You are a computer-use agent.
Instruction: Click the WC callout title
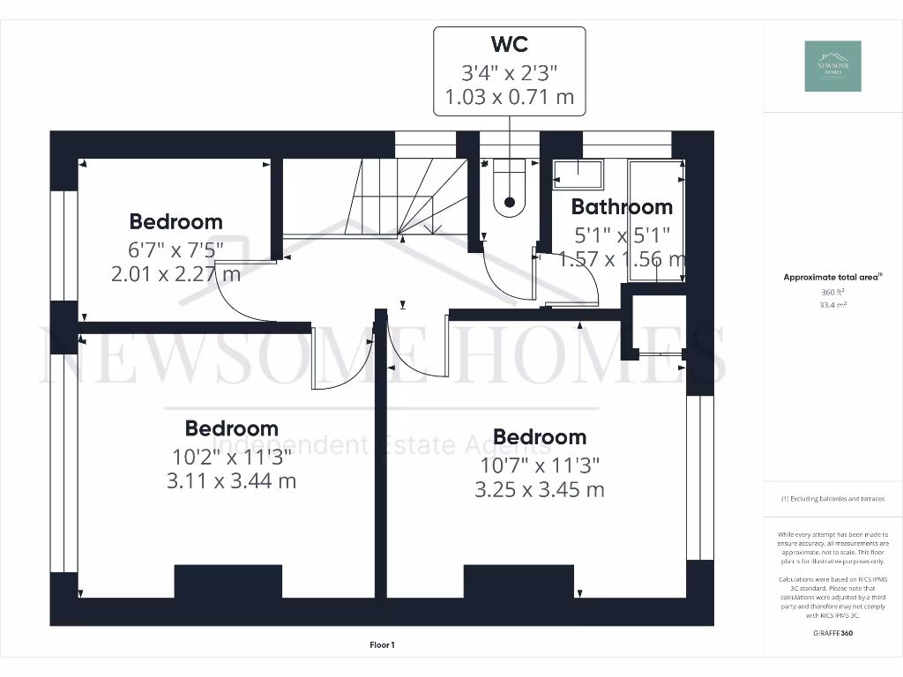coord(509,44)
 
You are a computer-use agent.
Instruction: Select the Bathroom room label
coord(622,207)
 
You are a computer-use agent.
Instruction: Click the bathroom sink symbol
coord(578,173)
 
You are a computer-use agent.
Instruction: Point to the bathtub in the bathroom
coord(656,220)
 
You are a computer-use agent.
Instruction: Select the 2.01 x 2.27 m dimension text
coord(175,274)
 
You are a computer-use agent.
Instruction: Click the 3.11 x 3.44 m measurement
coord(231,481)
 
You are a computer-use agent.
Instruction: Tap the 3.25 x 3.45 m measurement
coord(539,490)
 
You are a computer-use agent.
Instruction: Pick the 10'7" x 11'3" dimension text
coord(539,465)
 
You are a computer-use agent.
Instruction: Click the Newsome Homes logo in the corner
coord(833,66)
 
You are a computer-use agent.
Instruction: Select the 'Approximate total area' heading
coord(832,278)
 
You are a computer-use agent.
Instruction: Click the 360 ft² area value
coord(833,292)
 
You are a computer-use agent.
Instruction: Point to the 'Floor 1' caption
coord(383,646)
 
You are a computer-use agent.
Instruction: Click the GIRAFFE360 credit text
coord(833,633)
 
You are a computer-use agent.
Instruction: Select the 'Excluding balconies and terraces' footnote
coord(833,499)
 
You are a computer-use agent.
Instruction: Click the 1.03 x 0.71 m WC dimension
coord(509,97)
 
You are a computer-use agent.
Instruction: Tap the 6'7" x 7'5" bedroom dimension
coord(175,249)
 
